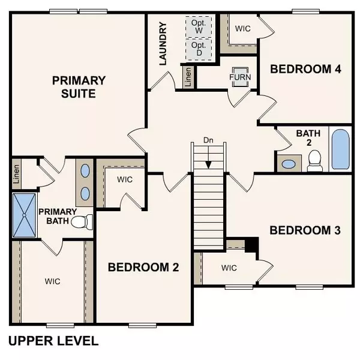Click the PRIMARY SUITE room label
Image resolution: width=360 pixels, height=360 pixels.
pyautogui.click(x=79, y=87)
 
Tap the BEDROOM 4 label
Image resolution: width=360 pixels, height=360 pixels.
pyautogui.click(x=305, y=69)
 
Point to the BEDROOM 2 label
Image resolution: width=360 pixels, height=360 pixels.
pyautogui.click(x=143, y=267)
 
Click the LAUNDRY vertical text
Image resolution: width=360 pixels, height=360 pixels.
pyautogui.click(x=163, y=44)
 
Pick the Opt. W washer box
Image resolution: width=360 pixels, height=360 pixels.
pyautogui.click(x=199, y=27)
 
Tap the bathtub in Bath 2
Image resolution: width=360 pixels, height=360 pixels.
pyautogui.click(x=340, y=151)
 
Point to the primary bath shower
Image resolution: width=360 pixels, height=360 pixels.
pyautogui.click(x=24, y=215)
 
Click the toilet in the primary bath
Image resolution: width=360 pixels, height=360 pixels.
pyautogui.click(x=82, y=222)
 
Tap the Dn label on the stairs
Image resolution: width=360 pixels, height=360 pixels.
pyautogui.click(x=208, y=140)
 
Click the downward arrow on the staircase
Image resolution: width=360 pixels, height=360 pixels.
pyautogui.click(x=208, y=159)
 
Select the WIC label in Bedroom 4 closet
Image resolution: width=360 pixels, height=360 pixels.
pyautogui.click(x=244, y=28)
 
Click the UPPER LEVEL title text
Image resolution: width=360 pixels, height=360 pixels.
pyautogui.click(x=53, y=341)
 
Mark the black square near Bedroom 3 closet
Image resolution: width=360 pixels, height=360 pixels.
pyautogui.click(x=252, y=245)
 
